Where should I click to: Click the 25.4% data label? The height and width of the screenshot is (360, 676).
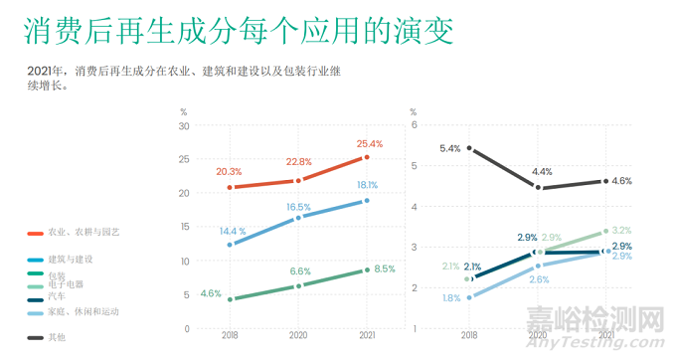368,144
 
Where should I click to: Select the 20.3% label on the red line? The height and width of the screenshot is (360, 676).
230,172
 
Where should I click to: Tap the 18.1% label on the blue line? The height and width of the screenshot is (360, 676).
367,184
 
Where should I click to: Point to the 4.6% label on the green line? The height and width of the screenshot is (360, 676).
211,293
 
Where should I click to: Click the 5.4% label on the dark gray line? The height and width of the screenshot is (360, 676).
449,148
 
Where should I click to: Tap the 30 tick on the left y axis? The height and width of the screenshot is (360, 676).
184,125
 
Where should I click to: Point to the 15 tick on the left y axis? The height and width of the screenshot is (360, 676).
184,227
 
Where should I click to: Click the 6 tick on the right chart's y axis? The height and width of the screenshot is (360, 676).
415,125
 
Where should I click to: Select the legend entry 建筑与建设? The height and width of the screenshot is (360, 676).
76,259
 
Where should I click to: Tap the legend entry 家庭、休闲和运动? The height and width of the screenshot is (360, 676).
88,311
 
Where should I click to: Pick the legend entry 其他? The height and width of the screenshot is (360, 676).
57,337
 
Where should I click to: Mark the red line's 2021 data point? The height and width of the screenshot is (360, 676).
367,157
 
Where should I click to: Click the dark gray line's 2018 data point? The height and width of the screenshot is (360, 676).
469,148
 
